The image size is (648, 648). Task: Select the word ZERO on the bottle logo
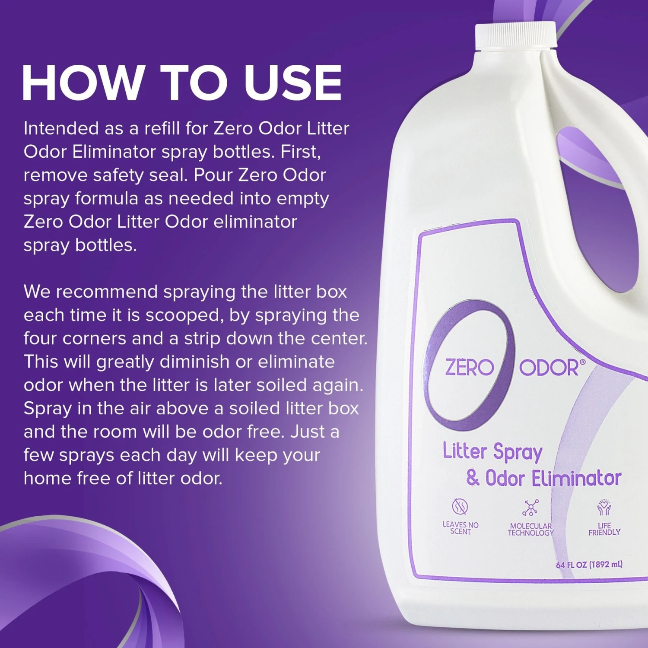(x=470, y=368)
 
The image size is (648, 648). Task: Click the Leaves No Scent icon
(x=460, y=506)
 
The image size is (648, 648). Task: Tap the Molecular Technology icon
(x=530, y=508)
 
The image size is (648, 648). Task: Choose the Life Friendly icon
(x=604, y=507)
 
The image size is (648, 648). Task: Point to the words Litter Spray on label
(x=492, y=452)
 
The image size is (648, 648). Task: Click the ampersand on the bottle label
(x=473, y=478)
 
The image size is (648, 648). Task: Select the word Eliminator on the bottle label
(x=576, y=479)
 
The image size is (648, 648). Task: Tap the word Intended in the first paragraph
(x=61, y=128)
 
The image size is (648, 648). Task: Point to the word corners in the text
(x=94, y=339)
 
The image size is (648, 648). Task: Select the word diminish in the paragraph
(x=194, y=362)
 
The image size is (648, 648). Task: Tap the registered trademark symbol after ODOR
(x=583, y=362)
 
